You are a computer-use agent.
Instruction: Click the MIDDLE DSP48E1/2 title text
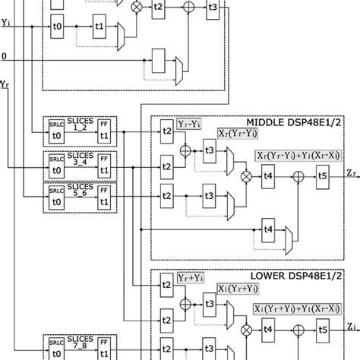(x=301, y=123)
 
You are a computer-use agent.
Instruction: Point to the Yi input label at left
(x=7, y=23)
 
